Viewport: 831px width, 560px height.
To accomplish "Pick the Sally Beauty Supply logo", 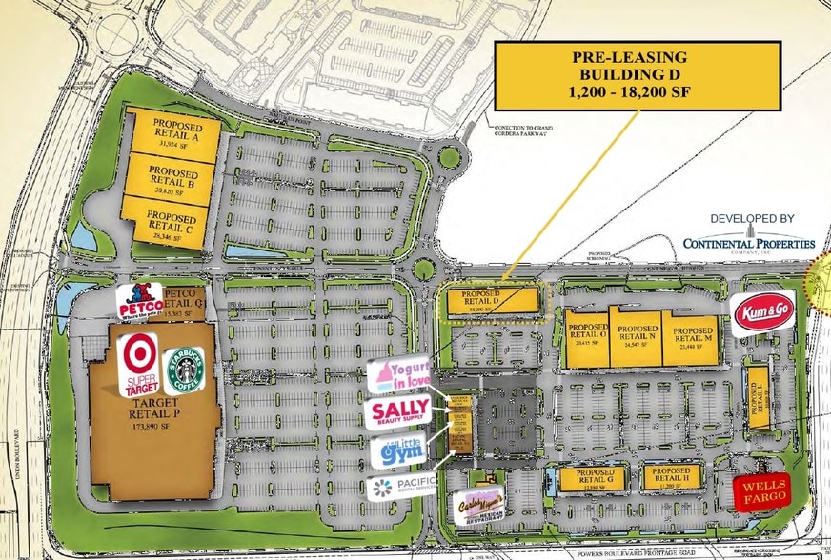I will [398, 412].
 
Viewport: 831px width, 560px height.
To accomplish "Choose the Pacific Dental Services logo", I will [401, 488].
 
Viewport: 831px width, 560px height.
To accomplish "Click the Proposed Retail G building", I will [586, 478].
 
